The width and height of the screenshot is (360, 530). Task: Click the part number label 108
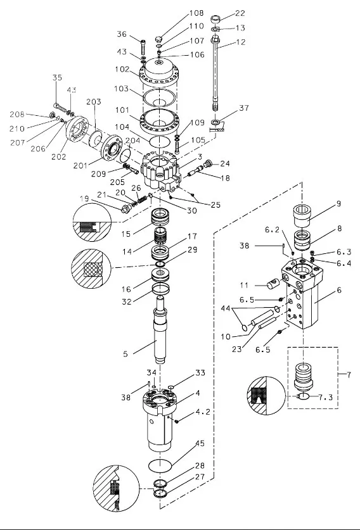[196, 13]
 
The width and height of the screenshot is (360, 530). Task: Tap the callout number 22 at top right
[240, 13]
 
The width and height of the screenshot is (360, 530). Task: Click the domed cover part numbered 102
[158, 72]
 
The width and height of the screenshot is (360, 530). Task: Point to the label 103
[121, 89]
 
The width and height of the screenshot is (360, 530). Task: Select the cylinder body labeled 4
[158, 419]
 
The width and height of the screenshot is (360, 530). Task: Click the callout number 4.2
[203, 412]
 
